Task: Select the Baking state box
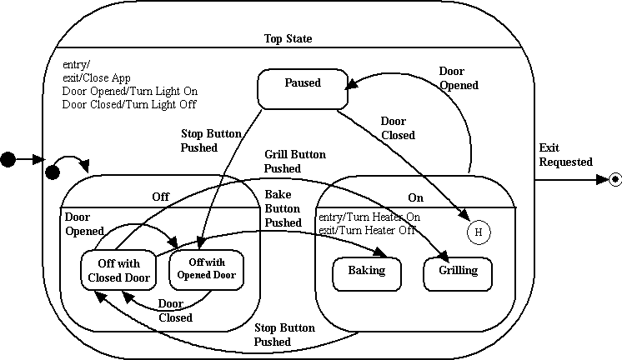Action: tap(367, 272)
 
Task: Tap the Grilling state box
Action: tap(458, 272)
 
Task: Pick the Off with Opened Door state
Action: tap(207, 268)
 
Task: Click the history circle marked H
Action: tap(478, 232)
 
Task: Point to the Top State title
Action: tap(288, 38)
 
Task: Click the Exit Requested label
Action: tap(565, 155)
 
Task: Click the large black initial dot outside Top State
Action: tap(9, 158)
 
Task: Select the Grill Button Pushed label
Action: tap(294, 161)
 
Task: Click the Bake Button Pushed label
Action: tap(283, 208)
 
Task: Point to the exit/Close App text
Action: tap(96, 78)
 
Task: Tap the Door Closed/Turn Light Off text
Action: tap(129, 104)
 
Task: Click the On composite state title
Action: tap(415, 197)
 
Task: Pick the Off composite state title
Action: tap(160, 197)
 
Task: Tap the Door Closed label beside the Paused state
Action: tap(398, 128)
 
